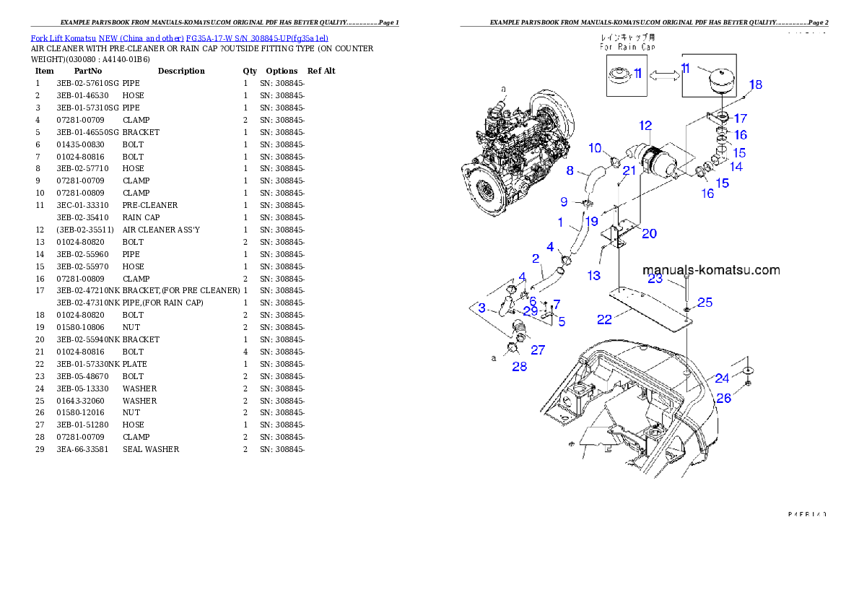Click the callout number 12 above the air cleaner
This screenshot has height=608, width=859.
(x=645, y=126)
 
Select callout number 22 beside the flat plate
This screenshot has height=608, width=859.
(x=604, y=319)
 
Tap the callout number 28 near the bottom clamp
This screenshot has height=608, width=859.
(x=519, y=366)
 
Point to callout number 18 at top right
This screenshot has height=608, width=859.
(x=754, y=85)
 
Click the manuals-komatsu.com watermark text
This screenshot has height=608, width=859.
(x=711, y=270)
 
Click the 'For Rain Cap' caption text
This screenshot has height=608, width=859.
(x=628, y=47)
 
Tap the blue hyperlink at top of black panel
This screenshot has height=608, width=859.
(x=179, y=38)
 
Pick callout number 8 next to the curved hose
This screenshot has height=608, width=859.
(x=570, y=171)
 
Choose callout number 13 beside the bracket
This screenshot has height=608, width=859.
(x=593, y=275)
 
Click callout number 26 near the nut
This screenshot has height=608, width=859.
(x=723, y=398)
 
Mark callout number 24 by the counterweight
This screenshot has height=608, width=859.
(x=722, y=378)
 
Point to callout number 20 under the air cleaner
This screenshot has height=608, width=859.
(x=649, y=233)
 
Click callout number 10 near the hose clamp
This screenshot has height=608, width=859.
(x=595, y=148)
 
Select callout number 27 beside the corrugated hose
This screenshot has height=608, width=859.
(x=538, y=350)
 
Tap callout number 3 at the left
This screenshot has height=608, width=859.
(x=481, y=308)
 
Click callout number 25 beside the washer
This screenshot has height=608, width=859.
(x=705, y=302)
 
